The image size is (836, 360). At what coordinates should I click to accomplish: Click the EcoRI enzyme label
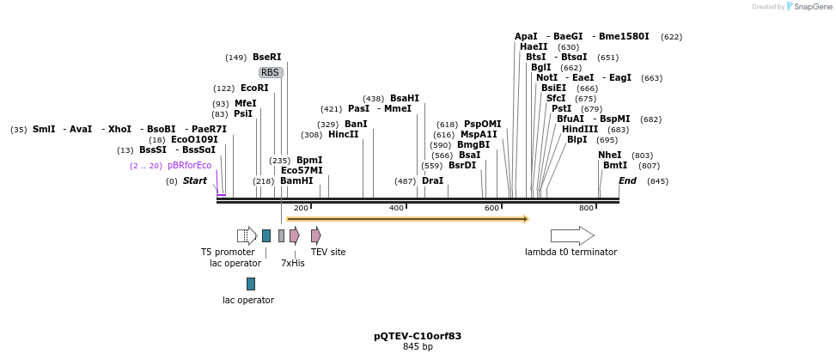point(254,88)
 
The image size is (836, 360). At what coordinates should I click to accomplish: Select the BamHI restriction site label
point(296,181)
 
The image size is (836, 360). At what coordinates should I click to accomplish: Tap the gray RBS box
point(271,73)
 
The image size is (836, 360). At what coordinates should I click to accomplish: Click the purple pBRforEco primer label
point(189,166)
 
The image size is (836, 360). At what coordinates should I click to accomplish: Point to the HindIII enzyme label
point(580,130)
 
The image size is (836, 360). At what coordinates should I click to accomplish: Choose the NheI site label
point(609,156)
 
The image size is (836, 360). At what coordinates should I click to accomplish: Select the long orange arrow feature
point(406,219)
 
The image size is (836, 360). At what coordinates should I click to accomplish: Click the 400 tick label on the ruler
point(396,208)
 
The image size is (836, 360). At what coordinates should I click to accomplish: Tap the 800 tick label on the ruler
point(586,208)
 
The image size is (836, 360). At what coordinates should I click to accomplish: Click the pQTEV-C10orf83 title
point(418,336)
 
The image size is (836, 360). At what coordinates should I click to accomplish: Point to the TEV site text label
point(328,253)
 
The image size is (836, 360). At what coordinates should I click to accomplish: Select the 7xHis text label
point(292,263)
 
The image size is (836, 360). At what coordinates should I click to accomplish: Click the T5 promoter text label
point(228,253)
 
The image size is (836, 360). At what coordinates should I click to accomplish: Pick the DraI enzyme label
point(432,181)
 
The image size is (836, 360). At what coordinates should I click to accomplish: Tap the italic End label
point(627,181)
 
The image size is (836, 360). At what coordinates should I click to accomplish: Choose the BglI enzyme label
point(540,68)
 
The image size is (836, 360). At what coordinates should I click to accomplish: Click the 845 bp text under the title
point(418,347)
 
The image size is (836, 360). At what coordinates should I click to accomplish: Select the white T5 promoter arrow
point(247,235)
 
